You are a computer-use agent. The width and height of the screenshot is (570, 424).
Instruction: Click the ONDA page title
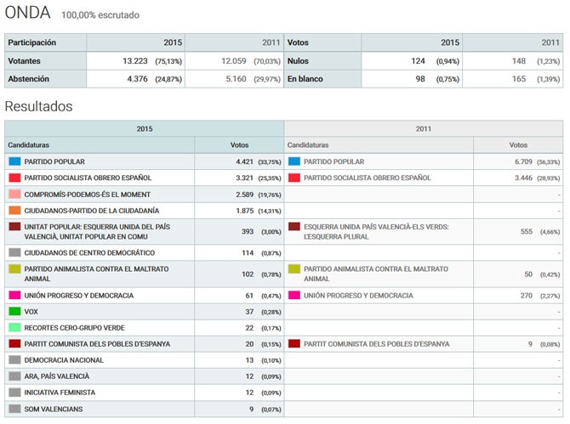tap(27, 13)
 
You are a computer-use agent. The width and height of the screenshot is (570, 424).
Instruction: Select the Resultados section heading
tap(38, 106)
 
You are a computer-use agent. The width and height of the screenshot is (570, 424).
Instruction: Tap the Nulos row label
tap(298, 61)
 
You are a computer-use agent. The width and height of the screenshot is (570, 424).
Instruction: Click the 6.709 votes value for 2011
tap(518, 161)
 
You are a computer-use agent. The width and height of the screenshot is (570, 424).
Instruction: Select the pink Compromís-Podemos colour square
tap(14, 194)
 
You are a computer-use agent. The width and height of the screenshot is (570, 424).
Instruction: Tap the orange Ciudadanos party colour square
tap(14, 210)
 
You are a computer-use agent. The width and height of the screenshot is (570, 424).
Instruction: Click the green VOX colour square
tap(14, 311)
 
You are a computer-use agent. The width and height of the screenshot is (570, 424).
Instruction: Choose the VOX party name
tap(31, 311)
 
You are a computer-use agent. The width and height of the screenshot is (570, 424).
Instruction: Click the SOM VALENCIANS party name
tap(53, 409)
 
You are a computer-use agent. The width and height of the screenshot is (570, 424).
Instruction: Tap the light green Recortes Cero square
tap(14, 327)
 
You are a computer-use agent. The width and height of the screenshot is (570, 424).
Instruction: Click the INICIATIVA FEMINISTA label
tap(60, 393)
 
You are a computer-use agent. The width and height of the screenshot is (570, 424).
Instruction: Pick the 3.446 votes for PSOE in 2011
tap(518, 178)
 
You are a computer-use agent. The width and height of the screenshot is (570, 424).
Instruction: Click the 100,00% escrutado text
tap(100, 15)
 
